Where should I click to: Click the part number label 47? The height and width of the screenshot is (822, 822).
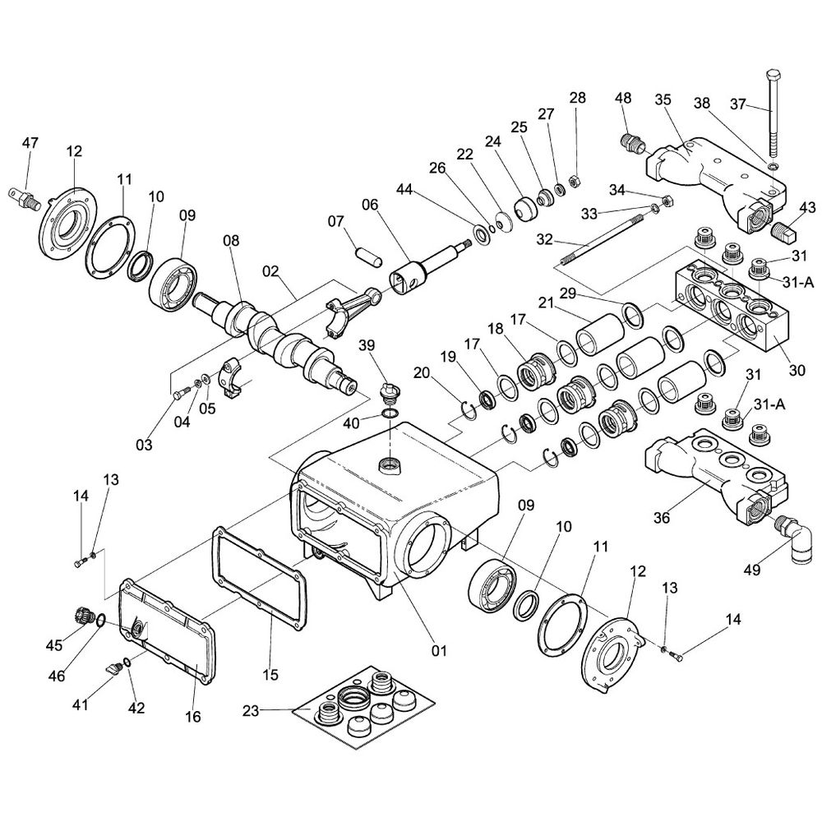(x=30, y=143)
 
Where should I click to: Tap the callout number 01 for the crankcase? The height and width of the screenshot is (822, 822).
(x=439, y=650)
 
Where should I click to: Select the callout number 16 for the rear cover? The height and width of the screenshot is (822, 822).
(x=192, y=717)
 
